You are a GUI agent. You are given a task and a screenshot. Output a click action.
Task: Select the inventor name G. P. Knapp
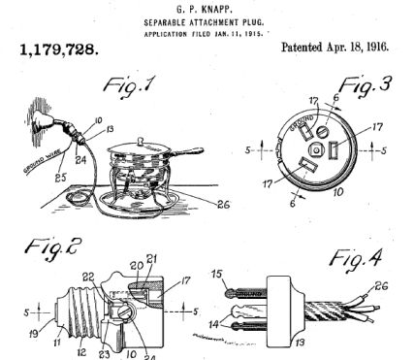pyautogui.click(x=209, y=10)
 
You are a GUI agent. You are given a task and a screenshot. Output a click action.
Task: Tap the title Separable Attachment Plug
pyautogui.click(x=209, y=21)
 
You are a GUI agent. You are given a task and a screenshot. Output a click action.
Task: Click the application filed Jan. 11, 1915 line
pyautogui.click(x=209, y=32)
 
